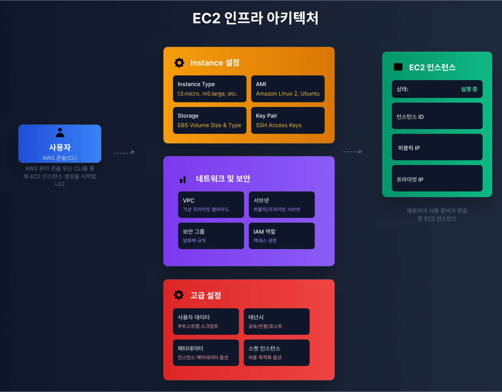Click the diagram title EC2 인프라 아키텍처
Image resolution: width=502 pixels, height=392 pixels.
coord(255,18)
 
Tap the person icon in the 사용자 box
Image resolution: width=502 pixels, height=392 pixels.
coord(60,132)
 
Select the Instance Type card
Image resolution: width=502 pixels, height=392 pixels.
coord(209,89)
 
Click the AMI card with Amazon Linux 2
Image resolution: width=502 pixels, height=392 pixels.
coord(288,89)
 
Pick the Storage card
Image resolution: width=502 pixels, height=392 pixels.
coord(209,120)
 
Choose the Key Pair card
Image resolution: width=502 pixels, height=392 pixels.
coord(288,120)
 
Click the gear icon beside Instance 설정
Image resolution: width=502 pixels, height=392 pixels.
coord(179,63)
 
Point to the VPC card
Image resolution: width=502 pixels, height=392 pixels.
coord(211,204)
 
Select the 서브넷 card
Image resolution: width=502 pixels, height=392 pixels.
coord(282,204)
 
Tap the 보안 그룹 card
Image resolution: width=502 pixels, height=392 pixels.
coord(211,236)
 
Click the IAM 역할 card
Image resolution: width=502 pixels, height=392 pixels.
coord(282,236)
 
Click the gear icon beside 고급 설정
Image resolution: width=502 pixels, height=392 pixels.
coord(179,295)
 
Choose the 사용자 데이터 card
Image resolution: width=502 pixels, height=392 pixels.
coord(206,321)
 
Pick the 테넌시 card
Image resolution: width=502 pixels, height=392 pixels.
coord(276,321)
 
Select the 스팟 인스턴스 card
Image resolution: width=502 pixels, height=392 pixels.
coord(276,353)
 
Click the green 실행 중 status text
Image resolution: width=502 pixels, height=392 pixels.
coord(469,89)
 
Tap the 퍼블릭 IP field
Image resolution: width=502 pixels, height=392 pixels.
coord(437,147)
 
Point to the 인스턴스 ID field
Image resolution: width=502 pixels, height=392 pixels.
coord(437,116)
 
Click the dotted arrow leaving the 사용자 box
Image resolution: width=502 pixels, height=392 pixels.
coord(124,152)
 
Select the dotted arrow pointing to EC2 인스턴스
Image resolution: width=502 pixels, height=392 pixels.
coord(352,152)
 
